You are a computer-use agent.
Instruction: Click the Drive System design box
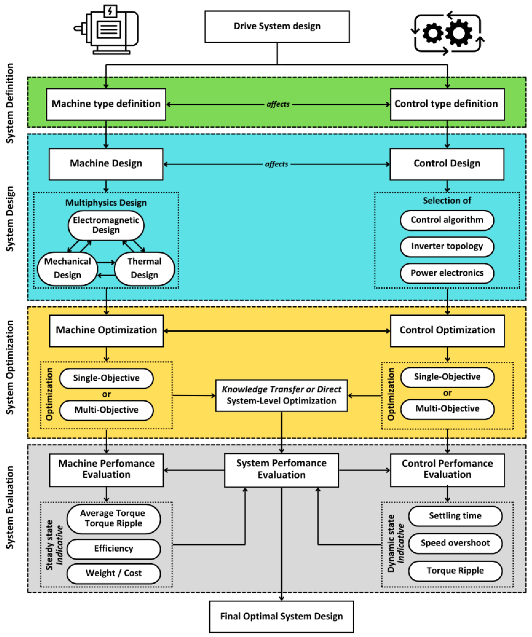(x=277, y=27)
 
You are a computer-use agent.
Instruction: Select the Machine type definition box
(x=106, y=104)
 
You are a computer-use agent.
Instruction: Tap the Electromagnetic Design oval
(x=106, y=225)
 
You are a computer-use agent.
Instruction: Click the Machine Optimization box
(x=106, y=330)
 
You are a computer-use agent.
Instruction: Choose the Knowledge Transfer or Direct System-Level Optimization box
(x=281, y=395)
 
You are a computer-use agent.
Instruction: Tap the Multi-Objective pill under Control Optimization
(x=447, y=409)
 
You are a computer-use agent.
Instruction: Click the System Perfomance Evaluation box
(x=281, y=470)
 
